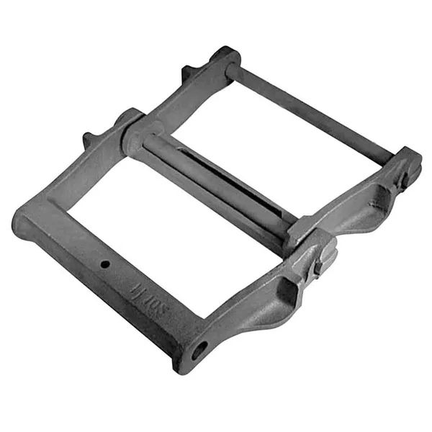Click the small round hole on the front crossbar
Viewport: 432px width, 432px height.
point(105,264)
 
